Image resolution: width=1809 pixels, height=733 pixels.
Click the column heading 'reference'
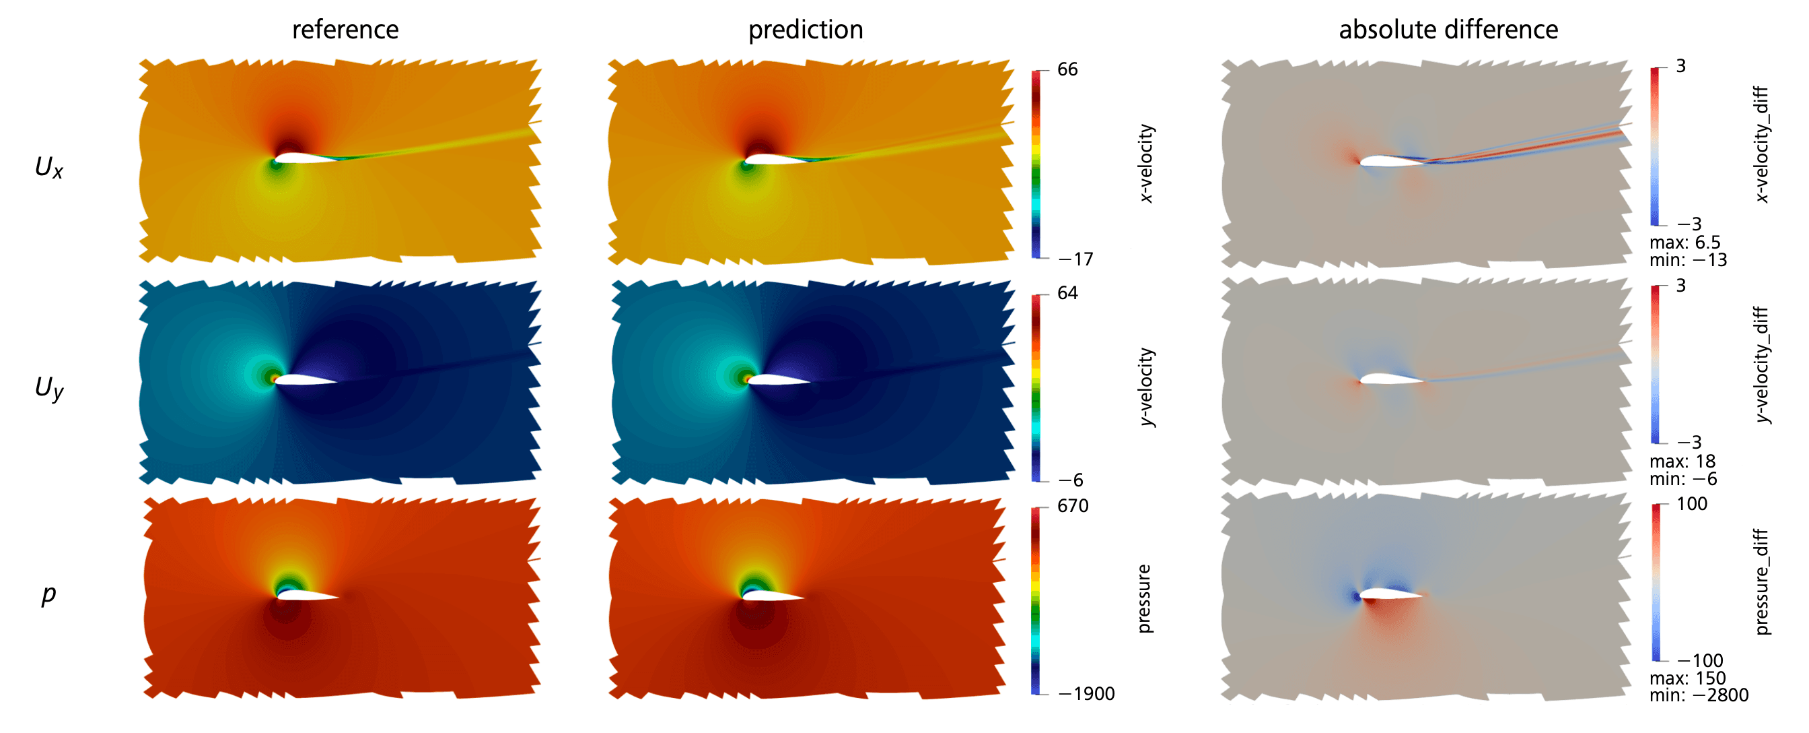[345, 30]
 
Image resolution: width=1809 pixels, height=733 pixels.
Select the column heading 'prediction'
[806, 30]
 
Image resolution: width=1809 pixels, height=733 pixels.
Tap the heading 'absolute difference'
[1448, 30]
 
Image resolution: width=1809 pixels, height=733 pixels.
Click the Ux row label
[48, 167]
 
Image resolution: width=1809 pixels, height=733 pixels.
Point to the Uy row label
[48, 387]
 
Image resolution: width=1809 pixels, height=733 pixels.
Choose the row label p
[48, 595]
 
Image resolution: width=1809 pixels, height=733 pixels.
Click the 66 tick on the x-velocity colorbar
[1067, 69]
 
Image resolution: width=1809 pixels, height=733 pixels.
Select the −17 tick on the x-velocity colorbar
[1075, 259]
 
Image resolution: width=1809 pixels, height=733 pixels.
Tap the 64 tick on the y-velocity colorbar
[1067, 293]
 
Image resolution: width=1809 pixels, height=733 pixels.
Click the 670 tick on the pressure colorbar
[1072, 506]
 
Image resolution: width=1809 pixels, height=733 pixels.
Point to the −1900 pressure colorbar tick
[1086, 694]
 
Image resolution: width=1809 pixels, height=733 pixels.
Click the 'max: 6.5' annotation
[1684, 243]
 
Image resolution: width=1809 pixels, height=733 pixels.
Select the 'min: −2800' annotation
[1699, 695]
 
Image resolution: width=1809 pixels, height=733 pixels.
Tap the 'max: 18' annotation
[1682, 461]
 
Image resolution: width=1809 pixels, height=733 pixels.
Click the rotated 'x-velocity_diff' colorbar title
[1762, 144]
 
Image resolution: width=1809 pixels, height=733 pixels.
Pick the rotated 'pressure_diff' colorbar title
[1762, 581]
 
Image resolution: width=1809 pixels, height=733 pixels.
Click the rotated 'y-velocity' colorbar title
[1146, 387]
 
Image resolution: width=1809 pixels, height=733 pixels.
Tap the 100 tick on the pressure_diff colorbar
[1691, 504]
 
